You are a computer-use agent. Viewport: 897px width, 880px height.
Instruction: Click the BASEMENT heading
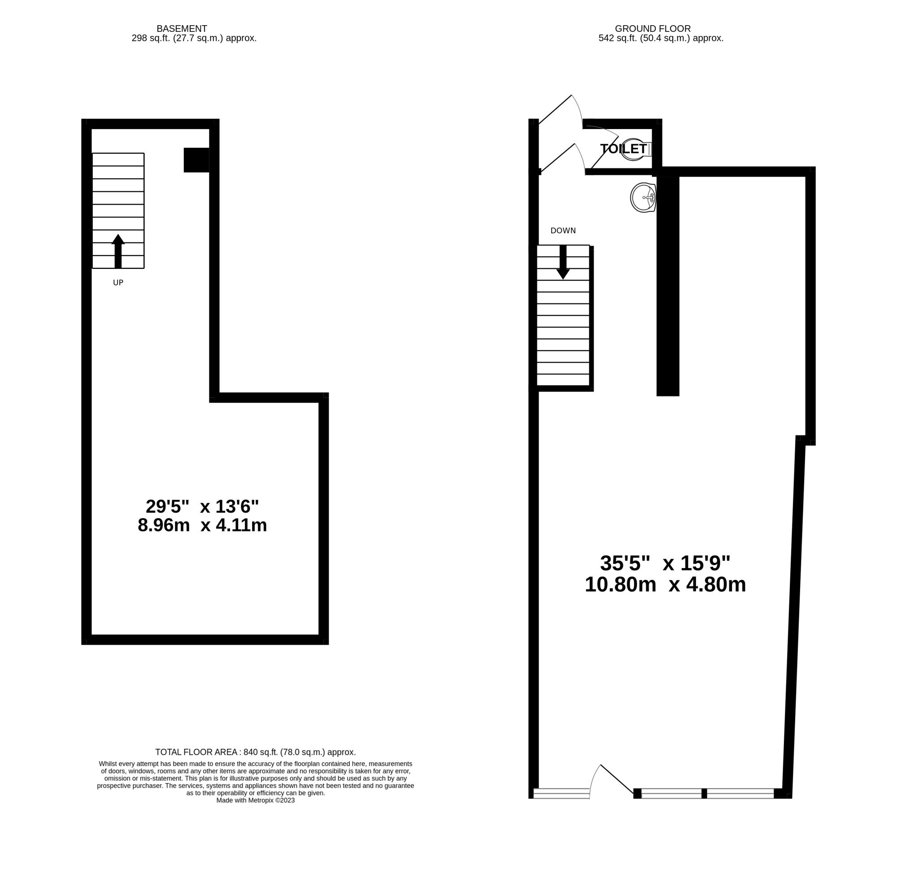(182, 29)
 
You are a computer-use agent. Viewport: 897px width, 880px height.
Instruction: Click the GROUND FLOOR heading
(653, 29)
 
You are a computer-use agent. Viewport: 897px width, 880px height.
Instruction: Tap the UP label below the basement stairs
(118, 282)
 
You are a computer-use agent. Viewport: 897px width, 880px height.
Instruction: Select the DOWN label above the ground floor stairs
(563, 231)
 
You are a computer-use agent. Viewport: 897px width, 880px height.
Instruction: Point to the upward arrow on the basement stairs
(118, 251)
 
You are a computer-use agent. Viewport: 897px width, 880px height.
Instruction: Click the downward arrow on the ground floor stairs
(563, 262)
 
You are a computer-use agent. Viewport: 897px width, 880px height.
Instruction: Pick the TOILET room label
(623, 149)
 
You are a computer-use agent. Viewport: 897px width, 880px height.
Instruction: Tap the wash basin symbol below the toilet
(643, 198)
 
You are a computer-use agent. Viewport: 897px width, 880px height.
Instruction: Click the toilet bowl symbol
(636, 149)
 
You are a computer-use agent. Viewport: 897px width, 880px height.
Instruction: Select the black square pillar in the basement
(196, 160)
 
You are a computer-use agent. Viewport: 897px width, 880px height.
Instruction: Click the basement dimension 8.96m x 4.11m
(202, 526)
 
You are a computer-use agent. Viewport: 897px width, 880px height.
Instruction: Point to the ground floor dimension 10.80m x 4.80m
(665, 585)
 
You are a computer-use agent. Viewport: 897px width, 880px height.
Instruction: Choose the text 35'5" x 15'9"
(665, 563)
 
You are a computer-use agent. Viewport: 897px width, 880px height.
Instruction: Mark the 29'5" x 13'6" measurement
(202, 507)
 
